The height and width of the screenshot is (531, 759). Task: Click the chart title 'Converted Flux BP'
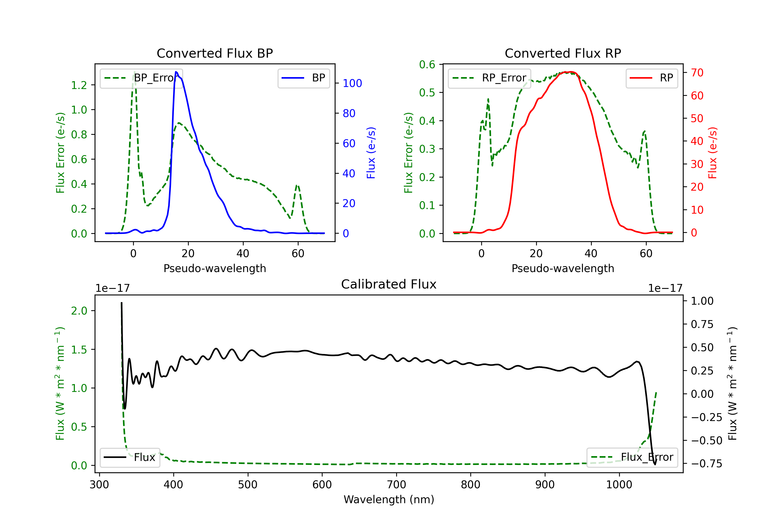[215, 53]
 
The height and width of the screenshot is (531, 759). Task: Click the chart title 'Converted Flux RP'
[563, 53]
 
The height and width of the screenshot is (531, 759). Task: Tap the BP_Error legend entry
[141, 78]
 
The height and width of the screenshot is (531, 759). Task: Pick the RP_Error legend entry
[490, 78]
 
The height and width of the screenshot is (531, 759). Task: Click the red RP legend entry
[651, 78]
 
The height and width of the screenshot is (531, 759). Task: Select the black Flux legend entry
[130, 457]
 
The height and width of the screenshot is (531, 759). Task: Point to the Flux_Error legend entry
[632, 457]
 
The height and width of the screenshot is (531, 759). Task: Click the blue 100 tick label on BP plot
[352, 83]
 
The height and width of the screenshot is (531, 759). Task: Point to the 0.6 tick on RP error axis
[427, 65]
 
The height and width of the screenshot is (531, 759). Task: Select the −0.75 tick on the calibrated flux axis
[706, 464]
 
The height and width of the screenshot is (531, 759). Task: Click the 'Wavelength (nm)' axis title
[389, 499]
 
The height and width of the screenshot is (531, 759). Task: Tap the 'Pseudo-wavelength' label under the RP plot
[563, 268]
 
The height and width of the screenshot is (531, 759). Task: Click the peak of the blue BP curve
[176, 72]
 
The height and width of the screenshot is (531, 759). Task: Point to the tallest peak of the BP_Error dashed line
[134, 72]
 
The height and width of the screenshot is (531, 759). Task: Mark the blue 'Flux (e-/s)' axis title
[371, 153]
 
